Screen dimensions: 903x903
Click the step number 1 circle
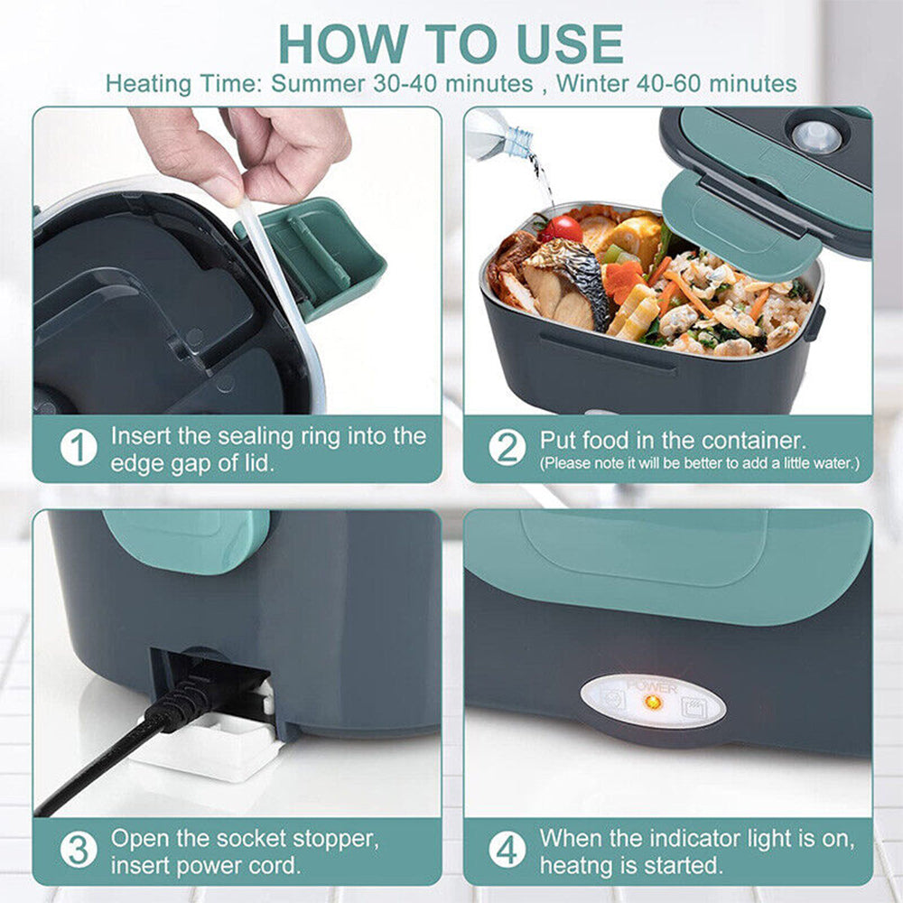78,449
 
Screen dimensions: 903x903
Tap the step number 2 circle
507,449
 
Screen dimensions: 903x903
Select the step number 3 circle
78,851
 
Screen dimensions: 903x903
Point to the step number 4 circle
507,851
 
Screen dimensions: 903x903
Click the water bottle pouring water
498,135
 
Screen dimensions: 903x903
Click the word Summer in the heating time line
321,84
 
